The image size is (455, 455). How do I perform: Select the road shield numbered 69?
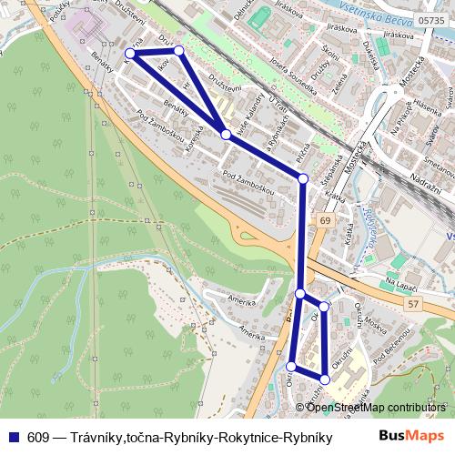[x=325, y=221]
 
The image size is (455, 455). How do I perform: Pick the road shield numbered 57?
[x=414, y=302]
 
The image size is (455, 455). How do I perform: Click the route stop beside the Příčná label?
[x=303, y=179]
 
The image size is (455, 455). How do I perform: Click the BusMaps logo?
[x=413, y=436]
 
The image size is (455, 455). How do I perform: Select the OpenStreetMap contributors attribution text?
[x=376, y=407]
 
